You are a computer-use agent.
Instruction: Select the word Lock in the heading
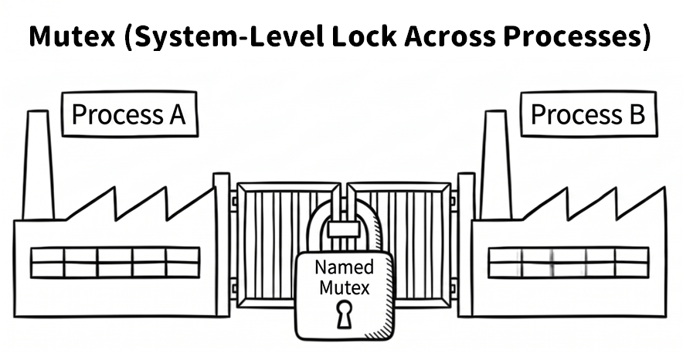pyautogui.click(x=364, y=36)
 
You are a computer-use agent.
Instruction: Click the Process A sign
pyautogui.click(x=130, y=114)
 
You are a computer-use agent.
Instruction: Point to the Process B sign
pyautogui.click(x=589, y=114)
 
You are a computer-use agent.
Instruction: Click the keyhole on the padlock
pyautogui.click(x=344, y=314)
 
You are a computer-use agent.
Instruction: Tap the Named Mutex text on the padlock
pyautogui.click(x=344, y=277)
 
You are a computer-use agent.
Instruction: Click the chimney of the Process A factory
pyautogui.click(x=39, y=165)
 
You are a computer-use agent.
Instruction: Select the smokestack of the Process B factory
pyautogui.click(x=496, y=165)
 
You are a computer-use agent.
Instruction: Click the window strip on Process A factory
pyautogui.click(x=115, y=263)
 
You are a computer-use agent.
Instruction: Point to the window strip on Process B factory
pyautogui.click(x=569, y=263)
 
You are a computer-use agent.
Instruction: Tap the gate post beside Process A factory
pyautogui.click(x=221, y=245)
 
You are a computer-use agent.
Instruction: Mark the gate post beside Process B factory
pyautogui.click(x=466, y=245)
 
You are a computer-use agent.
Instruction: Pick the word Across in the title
pyautogui.click(x=450, y=36)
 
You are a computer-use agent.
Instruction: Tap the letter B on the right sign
pyautogui.click(x=637, y=114)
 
